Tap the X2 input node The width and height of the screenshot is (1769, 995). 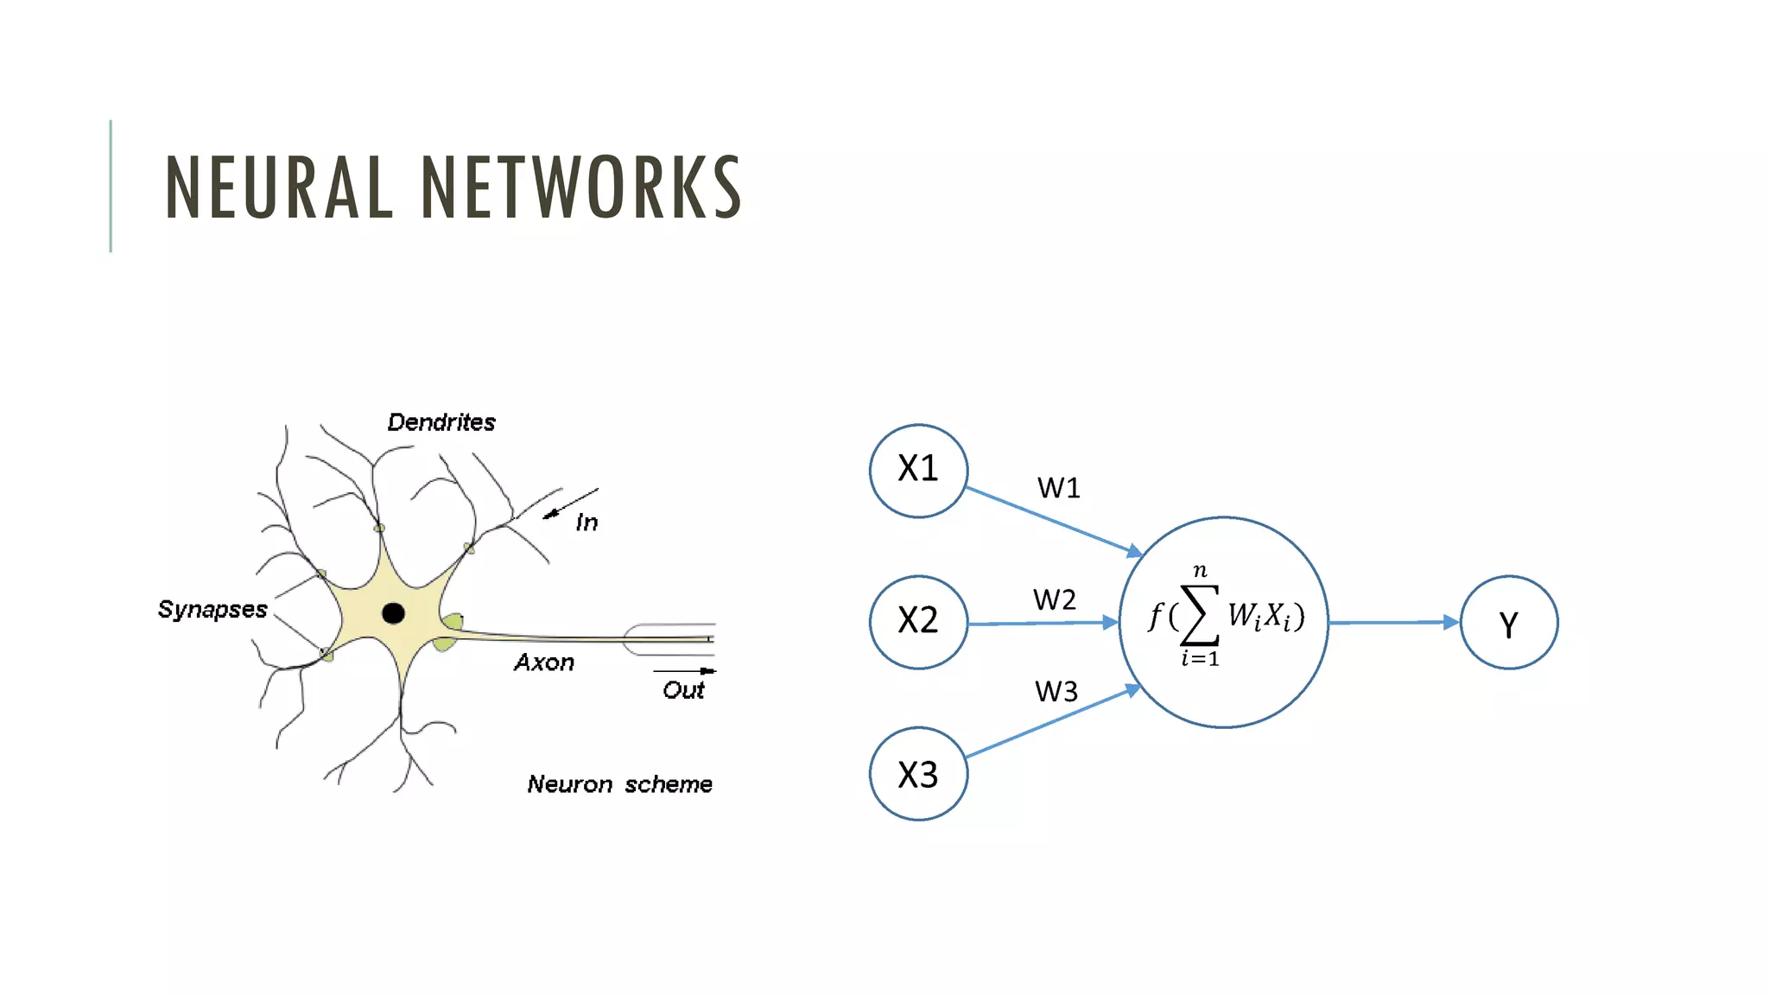coord(918,622)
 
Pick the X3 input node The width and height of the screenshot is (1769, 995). coord(918,774)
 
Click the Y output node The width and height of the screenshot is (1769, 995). coord(1508,623)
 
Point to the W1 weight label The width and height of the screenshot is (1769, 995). coord(1059,489)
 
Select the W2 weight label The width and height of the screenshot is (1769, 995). coord(1055,600)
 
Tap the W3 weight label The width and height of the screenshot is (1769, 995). coord(1056,692)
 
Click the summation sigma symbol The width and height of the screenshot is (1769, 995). coord(1201,615)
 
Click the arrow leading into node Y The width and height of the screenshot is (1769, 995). coord(1393,622)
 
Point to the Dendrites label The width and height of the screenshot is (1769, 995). coord(441,422)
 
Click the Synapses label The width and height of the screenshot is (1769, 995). coord(212,610)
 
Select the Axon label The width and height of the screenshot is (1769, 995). coord(544,662)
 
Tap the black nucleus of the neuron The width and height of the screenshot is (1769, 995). coord(393,613)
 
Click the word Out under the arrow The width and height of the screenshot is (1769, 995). coord(683,690)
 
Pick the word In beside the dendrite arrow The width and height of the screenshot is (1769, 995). coord(586,523)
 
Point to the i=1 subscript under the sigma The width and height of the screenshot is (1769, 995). coord(1201,659)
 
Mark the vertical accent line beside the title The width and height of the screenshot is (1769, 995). coord(111,186)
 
